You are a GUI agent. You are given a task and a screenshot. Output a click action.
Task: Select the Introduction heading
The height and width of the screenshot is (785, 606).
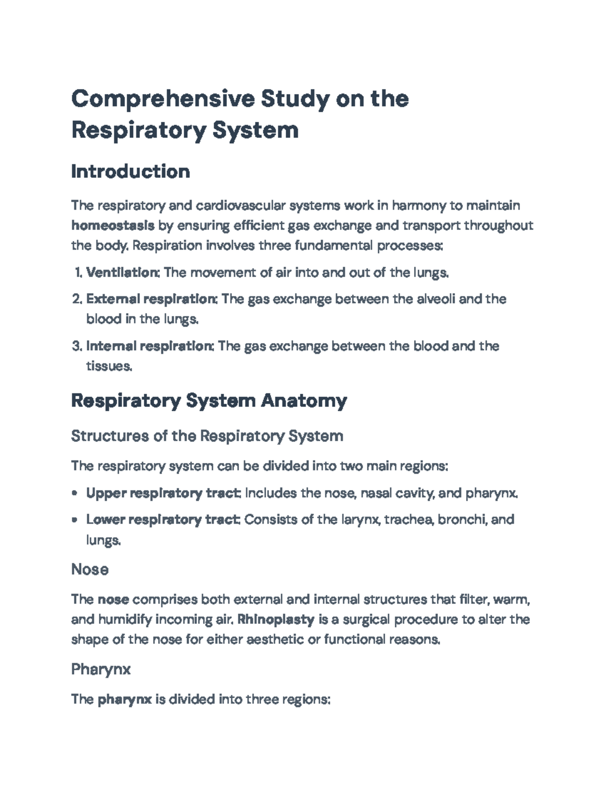pyautogui.click(x=130, y=171)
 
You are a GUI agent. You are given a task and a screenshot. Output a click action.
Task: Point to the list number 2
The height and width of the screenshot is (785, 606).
pyautogui.click(x=76, y=299)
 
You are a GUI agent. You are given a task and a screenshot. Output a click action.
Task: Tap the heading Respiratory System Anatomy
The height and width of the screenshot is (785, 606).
pyautogui.click(x=209, y=401)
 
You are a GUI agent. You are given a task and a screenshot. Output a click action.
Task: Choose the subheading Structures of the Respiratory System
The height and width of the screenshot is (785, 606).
pyautogui.click(x=207, y=436)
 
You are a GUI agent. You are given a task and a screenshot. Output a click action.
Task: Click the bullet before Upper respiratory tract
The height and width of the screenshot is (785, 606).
pyautogui.click(x=75, y=493)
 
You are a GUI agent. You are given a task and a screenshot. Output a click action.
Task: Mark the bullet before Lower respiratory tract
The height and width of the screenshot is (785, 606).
pyautogui.click(x=75, y=520)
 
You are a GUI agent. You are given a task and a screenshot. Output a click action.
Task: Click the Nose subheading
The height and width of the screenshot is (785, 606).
pyautogui.click(x=90, y=569)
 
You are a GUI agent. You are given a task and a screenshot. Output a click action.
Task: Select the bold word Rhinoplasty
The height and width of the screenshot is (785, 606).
pyautogui.click(x=276, y=619)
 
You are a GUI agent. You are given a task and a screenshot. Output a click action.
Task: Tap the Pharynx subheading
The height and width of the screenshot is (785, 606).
pyautogui.click(x=101, y=669)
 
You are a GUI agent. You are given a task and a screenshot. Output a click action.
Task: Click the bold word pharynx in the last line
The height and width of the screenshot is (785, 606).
pyautogui.click(x=124, y=700)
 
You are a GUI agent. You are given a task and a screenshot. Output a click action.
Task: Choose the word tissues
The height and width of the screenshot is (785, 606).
pyautogui.click(x=109, y=366)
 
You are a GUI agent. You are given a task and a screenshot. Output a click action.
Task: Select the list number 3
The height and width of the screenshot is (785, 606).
pyautogui.click(x=76, y=346)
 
